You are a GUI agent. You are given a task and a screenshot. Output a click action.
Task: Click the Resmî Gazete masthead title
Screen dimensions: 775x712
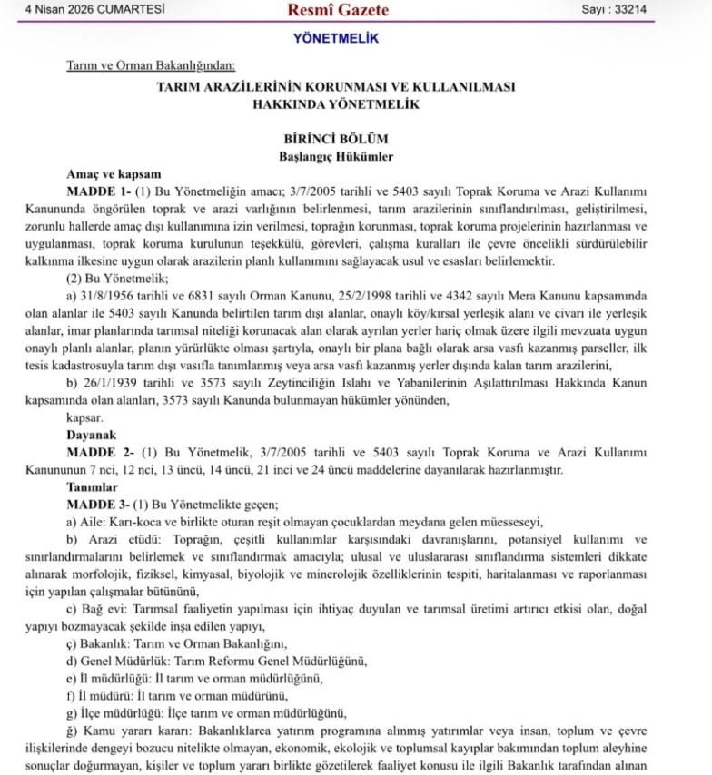[337, 10]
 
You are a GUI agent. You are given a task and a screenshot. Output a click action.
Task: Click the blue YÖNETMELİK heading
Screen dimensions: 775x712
[336, 38]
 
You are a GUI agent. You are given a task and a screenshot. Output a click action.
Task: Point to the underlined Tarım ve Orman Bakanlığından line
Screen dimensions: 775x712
[151, 65]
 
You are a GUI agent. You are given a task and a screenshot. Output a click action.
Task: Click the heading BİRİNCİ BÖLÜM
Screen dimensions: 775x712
[336, 139]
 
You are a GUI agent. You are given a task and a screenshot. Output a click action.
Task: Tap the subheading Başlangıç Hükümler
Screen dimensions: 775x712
[336, 156]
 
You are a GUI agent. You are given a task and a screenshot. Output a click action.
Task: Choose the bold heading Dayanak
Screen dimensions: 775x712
[93, 435]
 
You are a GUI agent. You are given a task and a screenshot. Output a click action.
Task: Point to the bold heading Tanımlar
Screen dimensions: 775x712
[94, 486]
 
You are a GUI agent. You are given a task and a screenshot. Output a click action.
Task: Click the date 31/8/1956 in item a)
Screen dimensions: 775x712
[105, 296]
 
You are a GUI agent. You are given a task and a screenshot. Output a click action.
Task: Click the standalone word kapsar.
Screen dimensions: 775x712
[84, 417]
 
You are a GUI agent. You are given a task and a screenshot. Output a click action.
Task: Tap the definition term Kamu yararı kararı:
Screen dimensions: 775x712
[136, 730]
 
